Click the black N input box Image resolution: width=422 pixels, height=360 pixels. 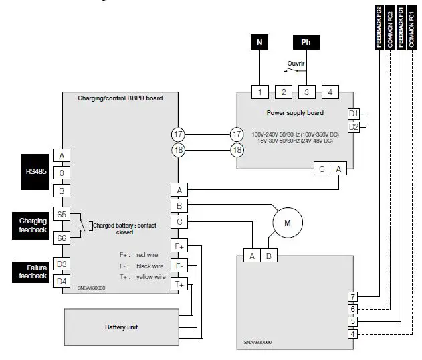[259, 42]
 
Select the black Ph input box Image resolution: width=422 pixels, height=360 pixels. [306, 42]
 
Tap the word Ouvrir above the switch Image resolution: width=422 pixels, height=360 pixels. [295, 66]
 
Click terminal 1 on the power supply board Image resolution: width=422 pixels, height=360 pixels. [259, 91]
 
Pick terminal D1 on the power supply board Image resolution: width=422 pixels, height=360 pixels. [353, 114]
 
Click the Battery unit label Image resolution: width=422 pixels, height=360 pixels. [122, 327]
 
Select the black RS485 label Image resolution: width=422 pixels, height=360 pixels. [35, 172]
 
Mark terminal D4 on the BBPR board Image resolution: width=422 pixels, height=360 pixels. [62, 281]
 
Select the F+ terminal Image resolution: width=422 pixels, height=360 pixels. [179, 246]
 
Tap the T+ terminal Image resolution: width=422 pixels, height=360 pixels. [179, 284]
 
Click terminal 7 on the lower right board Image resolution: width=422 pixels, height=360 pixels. [352, 296]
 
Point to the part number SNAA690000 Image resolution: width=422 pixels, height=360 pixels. [257, 343]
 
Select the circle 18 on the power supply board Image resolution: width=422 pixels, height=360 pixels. [237, 150]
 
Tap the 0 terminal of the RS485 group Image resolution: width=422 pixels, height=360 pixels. [62, 173]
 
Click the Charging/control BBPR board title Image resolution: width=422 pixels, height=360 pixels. [120, 98]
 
